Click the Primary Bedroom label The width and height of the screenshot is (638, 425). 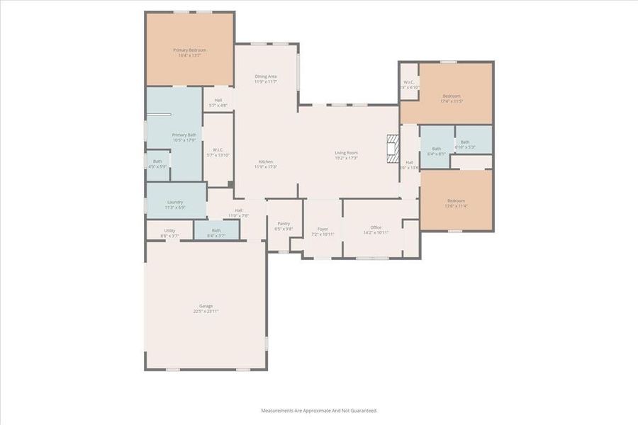click(189, 50)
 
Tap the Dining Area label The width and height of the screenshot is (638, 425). click(266, 76)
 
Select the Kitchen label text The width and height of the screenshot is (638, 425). click(266, 161)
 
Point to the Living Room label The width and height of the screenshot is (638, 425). click(346, 153)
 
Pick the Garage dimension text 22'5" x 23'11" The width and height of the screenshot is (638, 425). click(206, 311)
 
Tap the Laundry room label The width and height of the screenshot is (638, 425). click(175, 203)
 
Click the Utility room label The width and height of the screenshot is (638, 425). click(169, 230)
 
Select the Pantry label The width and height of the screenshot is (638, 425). click(284, 223)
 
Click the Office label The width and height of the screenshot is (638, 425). click(376, 227)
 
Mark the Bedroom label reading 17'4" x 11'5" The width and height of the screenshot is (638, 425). click(452, 96)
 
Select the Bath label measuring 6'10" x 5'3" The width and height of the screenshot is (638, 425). click(465, 142)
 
